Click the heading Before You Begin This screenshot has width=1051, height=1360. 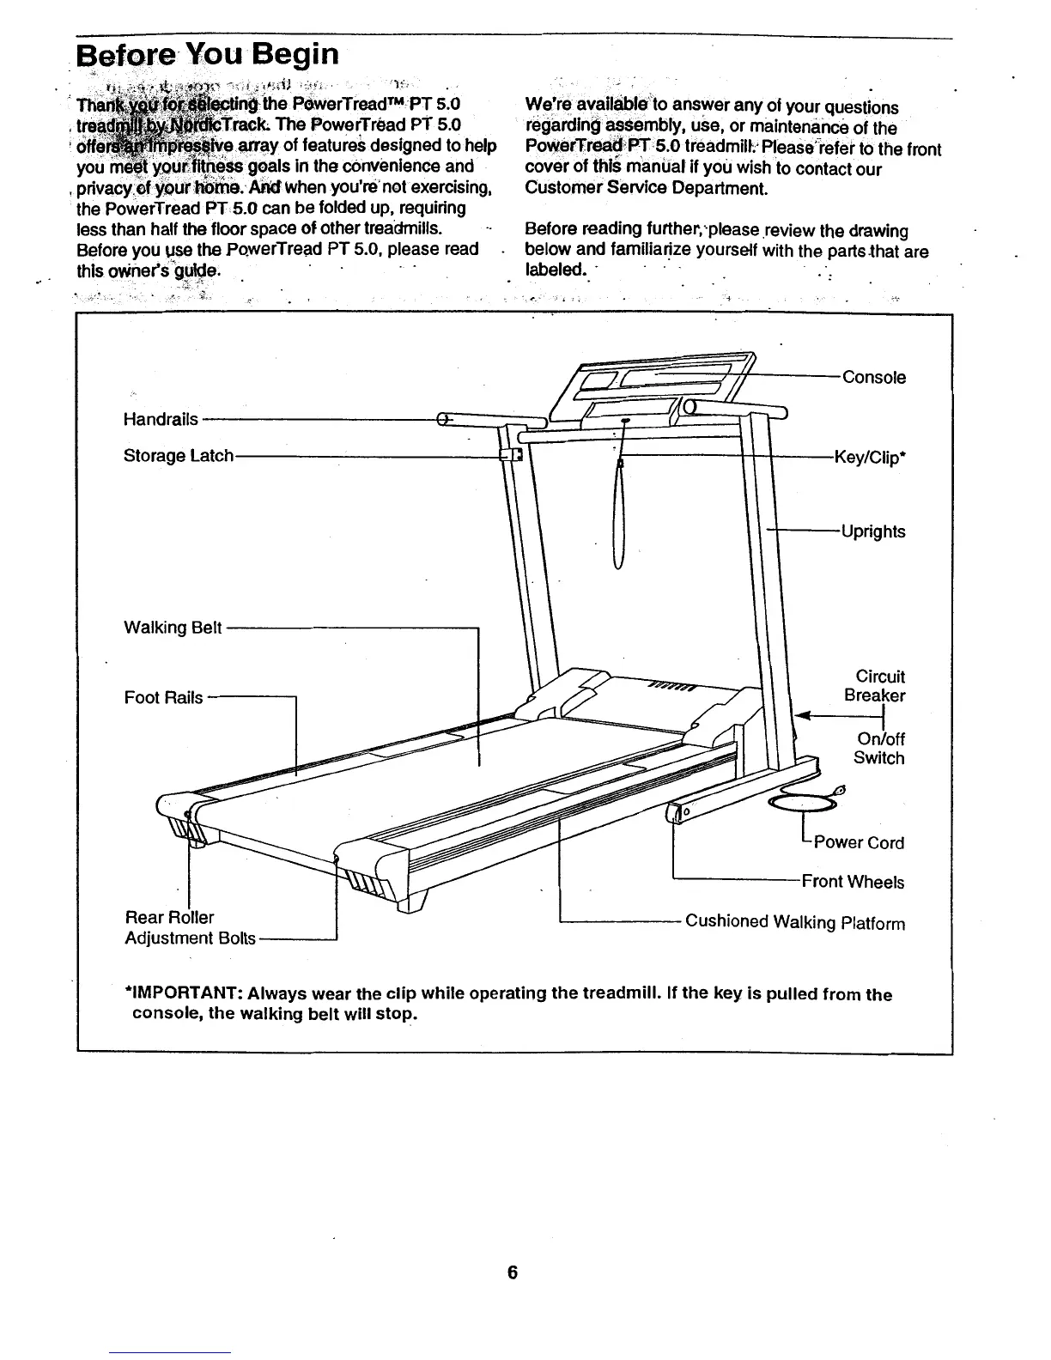pyautogui.click(x=207, y=55)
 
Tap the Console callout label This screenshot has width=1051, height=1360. pyautogui.click(x=873, y=378)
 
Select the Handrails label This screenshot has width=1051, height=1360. pyautogui.click(x=161, y=419)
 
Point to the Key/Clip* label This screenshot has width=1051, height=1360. pyautogui.click(x=870, y=458)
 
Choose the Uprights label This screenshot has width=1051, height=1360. pyautogui.click(x=873, y=531)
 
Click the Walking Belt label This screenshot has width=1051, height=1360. pyautogui.click(x=173, y=628)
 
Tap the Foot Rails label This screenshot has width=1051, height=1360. pyautogui.click(x=163, y=697)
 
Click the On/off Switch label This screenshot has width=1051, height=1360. pyautogui.click(x=878, y=749)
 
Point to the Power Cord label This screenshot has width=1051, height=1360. pyautogui.click(x=858, y=842)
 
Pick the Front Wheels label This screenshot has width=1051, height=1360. pyautogui.click(x=852, y=882)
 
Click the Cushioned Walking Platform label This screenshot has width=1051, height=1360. pyautogui.click(x=794, y=923)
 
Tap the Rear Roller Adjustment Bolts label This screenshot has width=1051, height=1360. pyautogui.click(x=190, y=928)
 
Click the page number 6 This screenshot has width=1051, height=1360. pyautogui.click(x=512, y=1272)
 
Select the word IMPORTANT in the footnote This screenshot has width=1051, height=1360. pyautogui.click(x=183, y=995)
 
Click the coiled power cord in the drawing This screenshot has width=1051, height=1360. pyautogui.click(x=803, y=802)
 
